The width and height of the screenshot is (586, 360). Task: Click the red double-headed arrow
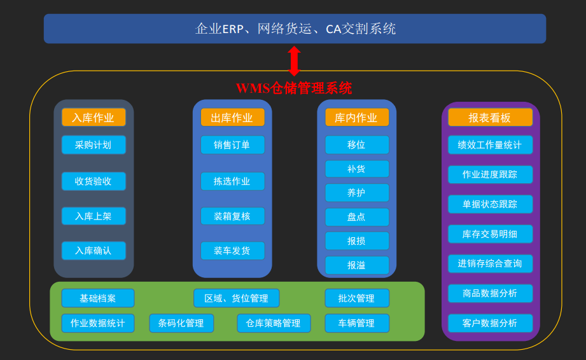point(294,60)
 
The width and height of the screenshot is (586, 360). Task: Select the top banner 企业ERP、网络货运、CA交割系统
point(295,29)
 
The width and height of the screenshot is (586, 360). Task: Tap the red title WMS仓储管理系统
point(294,88)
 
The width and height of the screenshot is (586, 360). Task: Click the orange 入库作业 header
point(94,118)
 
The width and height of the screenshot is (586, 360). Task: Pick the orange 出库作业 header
point(232,118)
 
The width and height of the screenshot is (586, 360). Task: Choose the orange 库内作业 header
point(356,118)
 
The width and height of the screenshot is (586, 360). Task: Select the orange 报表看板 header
point(490,118)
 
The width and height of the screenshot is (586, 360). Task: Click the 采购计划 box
point(94,145)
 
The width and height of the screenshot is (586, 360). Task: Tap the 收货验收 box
point(94,181)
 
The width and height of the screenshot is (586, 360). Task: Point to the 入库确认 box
point(94,251)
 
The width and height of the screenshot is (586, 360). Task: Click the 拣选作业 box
point(232,181)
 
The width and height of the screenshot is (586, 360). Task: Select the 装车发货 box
point(232,251)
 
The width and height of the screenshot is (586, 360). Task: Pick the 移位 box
point(356,145)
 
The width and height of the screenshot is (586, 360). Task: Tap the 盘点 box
point(356,217)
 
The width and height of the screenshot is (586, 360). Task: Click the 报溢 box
point(356,265)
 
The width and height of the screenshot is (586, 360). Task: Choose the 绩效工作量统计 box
point(490,145)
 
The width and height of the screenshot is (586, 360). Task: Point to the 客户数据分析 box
point(490,323)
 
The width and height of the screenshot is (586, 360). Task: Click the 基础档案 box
point(98,298)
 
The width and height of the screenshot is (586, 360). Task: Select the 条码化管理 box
point(181,323)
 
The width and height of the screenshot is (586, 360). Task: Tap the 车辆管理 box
point(356,323)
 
